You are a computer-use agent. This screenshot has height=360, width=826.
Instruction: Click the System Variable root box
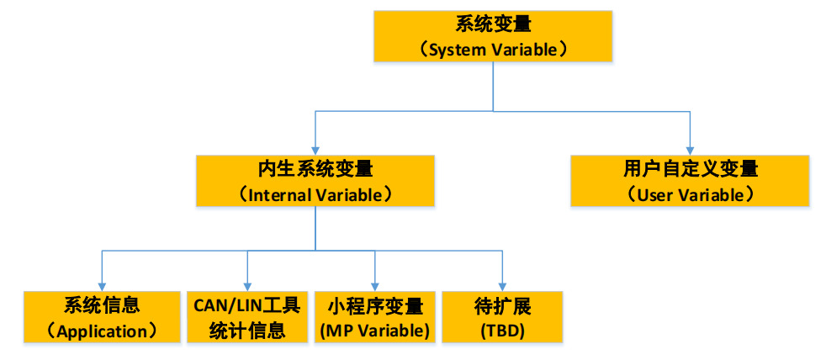[493, 37]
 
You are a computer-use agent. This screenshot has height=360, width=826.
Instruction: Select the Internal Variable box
[315, 181]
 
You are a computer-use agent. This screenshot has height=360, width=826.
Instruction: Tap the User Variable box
[690, 181]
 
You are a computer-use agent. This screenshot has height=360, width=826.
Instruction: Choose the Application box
[103, 317]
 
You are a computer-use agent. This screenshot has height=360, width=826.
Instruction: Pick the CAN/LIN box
[247, 317]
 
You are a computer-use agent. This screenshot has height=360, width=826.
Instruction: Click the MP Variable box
[374, 317]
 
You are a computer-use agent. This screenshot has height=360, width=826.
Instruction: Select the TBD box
[502, 317]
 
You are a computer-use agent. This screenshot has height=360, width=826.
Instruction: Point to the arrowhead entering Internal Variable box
[315, 149]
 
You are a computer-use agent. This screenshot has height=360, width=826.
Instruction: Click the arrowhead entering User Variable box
[690, 149]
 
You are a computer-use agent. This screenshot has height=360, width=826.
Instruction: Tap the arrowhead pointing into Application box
[103, 285]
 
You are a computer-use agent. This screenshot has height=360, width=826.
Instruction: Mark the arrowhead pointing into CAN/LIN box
[247, 285]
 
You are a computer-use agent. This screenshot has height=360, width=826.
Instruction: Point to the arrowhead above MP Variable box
[374, 285]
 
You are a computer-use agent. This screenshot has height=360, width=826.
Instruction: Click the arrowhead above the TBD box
[502, 285]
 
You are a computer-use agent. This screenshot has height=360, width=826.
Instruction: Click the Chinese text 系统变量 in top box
[493, 24]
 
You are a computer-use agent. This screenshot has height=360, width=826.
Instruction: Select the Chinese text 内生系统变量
[315, 169]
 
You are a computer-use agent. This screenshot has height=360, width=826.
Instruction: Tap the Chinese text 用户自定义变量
[690, 169]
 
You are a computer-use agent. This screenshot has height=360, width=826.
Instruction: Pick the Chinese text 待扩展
[502, 304]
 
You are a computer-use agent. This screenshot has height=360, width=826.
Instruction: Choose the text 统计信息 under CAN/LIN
[247, 331]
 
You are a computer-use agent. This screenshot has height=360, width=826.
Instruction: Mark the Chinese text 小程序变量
[374, 304]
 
